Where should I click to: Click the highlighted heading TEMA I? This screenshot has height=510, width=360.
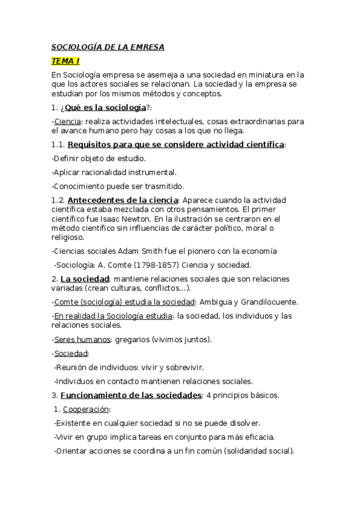(x=65, y=61)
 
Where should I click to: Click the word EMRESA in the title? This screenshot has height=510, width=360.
(x=143, y=47)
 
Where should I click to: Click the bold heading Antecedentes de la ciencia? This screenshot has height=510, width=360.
(x=123, y=200)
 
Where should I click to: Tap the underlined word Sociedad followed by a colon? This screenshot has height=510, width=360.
(x=70, y=353)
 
